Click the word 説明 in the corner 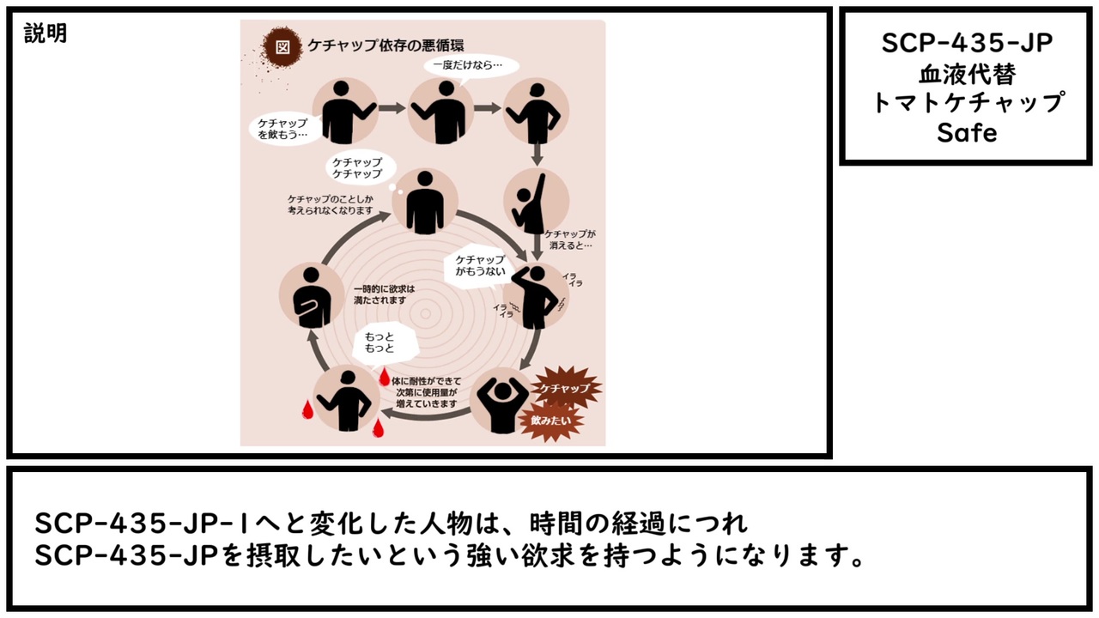46,34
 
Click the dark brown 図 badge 281,47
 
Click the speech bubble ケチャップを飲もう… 283,129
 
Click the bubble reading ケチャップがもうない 479,265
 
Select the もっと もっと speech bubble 379,342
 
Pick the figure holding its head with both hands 501,404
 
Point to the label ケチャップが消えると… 568,239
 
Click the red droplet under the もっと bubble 385,378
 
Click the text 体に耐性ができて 426,380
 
